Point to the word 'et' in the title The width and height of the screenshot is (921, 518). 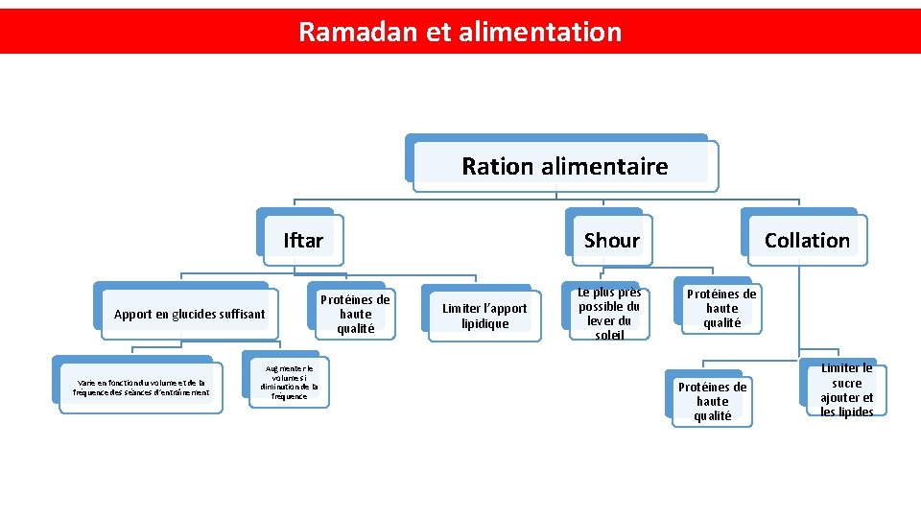point(437,32)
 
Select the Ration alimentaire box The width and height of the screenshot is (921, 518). point(564,166)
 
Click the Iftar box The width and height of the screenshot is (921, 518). point(303,240)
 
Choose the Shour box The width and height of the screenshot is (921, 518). point(611,240)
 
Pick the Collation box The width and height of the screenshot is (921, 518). point(807,240)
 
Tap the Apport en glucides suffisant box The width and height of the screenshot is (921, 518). point(189,314)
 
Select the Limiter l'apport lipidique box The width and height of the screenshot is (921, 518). point(484,316)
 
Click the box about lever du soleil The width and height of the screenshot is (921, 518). point(609,314)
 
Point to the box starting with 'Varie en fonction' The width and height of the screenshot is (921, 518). point(141,387)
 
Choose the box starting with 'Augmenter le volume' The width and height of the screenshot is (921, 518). point(289,382)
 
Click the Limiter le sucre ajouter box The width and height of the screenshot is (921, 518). point(846,389)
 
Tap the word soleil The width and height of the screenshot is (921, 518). point(609,335)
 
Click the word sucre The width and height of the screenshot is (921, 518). point(847,383)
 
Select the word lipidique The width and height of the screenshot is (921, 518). point(484,323)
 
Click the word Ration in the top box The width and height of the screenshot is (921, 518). point(496,166)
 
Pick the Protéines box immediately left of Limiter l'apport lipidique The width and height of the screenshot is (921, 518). point(355,314)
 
